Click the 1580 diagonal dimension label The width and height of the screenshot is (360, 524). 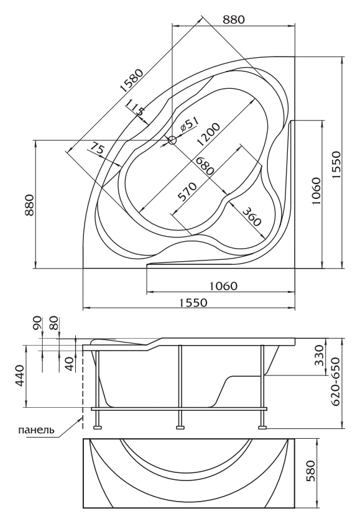coord(132,81)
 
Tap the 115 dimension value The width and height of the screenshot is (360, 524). coord(136,108)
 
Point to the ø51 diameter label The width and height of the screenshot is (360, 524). coord(189,125)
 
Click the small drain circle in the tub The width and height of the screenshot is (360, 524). coord(172,140)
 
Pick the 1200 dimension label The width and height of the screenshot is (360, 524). coord(208,134)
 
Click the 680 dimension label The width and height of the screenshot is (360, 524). coord(204,165)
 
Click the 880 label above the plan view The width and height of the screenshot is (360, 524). coord(234,20)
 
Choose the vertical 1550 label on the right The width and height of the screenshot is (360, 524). coord(336,165)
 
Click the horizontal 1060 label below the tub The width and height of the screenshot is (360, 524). coord(223,286)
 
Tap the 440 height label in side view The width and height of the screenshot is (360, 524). coord(19,376)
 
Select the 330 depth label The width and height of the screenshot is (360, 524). coord(319,356)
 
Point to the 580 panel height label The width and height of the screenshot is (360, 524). coord(310,471)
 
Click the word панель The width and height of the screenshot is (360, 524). coord(37,430)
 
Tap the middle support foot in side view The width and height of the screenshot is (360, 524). coord(180,427)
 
